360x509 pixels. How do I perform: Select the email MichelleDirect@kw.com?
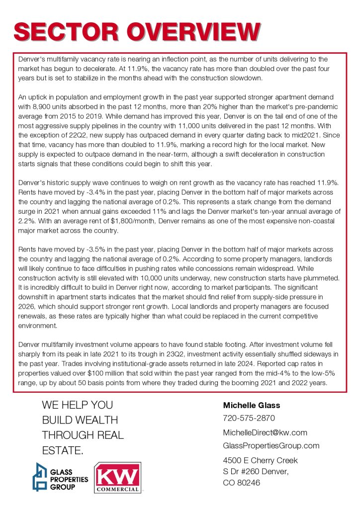(265, 432)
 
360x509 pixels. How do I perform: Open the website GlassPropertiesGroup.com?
(271, 445)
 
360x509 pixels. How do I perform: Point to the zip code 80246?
(248, 482)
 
